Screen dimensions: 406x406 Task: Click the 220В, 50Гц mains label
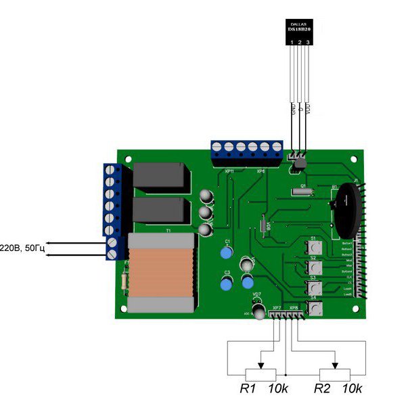pos(22,248)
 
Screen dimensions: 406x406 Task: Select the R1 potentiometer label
pos(248,389)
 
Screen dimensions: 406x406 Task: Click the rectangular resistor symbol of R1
pos(261,373)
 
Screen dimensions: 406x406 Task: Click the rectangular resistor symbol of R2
pos(335,373)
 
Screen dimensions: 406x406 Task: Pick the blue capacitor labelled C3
pos(228,284)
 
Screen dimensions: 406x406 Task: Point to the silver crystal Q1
pos(302,193)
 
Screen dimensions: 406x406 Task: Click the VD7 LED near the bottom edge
pos(258,311)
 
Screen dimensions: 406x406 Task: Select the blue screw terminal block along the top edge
pos(246,153)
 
